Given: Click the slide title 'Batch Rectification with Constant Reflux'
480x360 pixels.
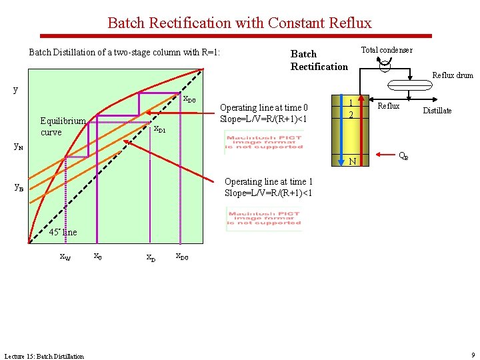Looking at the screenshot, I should point(239,23).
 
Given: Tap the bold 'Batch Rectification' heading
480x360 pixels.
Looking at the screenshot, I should point(319,60).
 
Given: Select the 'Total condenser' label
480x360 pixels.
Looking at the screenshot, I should point(386,50).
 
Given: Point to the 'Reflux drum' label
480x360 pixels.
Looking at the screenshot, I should point(452,75).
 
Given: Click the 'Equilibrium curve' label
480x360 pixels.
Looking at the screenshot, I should point(62,126).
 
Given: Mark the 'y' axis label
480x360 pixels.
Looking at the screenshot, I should point(17,89).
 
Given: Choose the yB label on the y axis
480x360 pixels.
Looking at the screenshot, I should point(19,187).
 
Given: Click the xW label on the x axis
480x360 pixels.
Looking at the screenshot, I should point(65,256).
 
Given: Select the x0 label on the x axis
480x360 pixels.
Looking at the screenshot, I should point(97,255).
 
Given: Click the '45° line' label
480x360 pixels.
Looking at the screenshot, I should point(63,232).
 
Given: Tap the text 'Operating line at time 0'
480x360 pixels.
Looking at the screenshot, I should point(264,107).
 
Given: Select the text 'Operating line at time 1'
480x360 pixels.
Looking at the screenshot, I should point(269,181).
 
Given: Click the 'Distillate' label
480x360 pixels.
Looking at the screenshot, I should point(437,111).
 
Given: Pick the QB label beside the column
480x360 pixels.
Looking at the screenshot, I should point(403,157).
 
